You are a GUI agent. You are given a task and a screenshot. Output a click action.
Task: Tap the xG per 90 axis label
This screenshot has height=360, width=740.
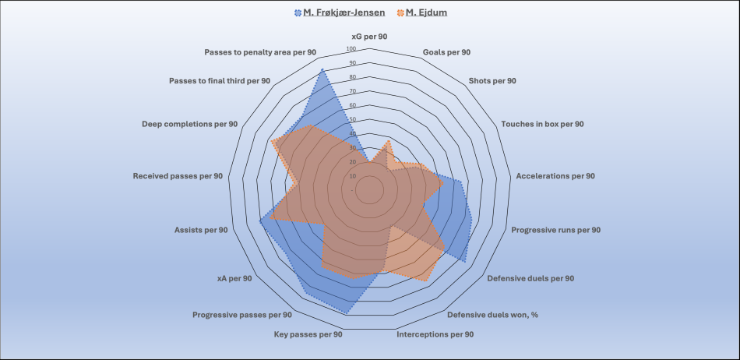click(x=369, y=37)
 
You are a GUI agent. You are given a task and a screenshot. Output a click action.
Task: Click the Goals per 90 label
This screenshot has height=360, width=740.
click(x=446, y=52)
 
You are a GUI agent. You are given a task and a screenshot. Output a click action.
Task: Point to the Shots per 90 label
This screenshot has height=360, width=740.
click(x=492, y=80)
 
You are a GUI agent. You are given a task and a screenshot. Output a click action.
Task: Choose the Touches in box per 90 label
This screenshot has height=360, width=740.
click(x=542, y=124)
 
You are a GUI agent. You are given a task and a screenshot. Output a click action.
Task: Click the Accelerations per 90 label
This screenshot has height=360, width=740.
click(x=555, y=176)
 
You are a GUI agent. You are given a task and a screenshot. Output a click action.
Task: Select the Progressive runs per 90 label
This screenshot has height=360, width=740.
click(x=555, y=230)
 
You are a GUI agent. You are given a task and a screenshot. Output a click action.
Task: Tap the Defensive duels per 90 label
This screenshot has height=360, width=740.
click(x=530, y=278)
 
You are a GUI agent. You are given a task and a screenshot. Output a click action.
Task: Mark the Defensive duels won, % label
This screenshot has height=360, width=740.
click(x=493, y=315)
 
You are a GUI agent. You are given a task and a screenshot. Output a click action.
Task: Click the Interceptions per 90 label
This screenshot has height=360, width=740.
click(x=435, y=334)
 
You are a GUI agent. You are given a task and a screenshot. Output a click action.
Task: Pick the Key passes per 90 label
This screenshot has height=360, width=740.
click(x=308, y=334)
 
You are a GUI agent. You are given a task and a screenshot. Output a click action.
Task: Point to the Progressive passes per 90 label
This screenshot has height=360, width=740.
click(x=242, y=315)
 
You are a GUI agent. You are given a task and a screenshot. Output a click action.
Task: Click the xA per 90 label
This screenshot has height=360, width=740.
click(x=234, y=278)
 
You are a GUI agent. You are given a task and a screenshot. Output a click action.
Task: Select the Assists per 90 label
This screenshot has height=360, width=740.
click(x=201, y=230)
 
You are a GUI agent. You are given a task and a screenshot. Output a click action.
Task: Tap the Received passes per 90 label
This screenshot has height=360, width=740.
click(x=178, y=176)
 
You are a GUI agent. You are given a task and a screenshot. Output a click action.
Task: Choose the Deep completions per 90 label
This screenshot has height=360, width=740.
click(x=190, y=124)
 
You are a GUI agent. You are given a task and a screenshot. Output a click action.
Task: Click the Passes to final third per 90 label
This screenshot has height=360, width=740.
click(x=220, y=81)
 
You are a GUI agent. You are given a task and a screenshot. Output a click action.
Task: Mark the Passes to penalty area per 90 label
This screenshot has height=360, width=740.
click(x=260, y=52)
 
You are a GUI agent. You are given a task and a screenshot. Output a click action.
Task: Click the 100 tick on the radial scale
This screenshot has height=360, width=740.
click(x=351, y=48)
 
